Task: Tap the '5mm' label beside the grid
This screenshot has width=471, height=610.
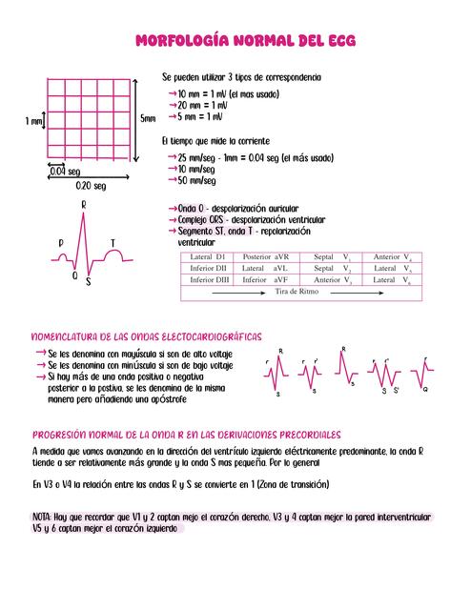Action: (x=148, y=119)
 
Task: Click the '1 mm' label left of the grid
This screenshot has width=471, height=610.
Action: (x=34, y=121)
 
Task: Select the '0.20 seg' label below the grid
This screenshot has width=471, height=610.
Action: (x=91, y=186)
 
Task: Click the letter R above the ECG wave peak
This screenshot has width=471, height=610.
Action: (x=85, y=205)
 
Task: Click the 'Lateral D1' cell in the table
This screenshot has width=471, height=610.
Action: (x=207, y=257)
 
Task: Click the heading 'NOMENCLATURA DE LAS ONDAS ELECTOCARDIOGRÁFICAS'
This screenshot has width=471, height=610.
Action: (x=147, y=336)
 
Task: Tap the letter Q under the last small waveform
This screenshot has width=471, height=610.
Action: (x=424, y=390)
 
